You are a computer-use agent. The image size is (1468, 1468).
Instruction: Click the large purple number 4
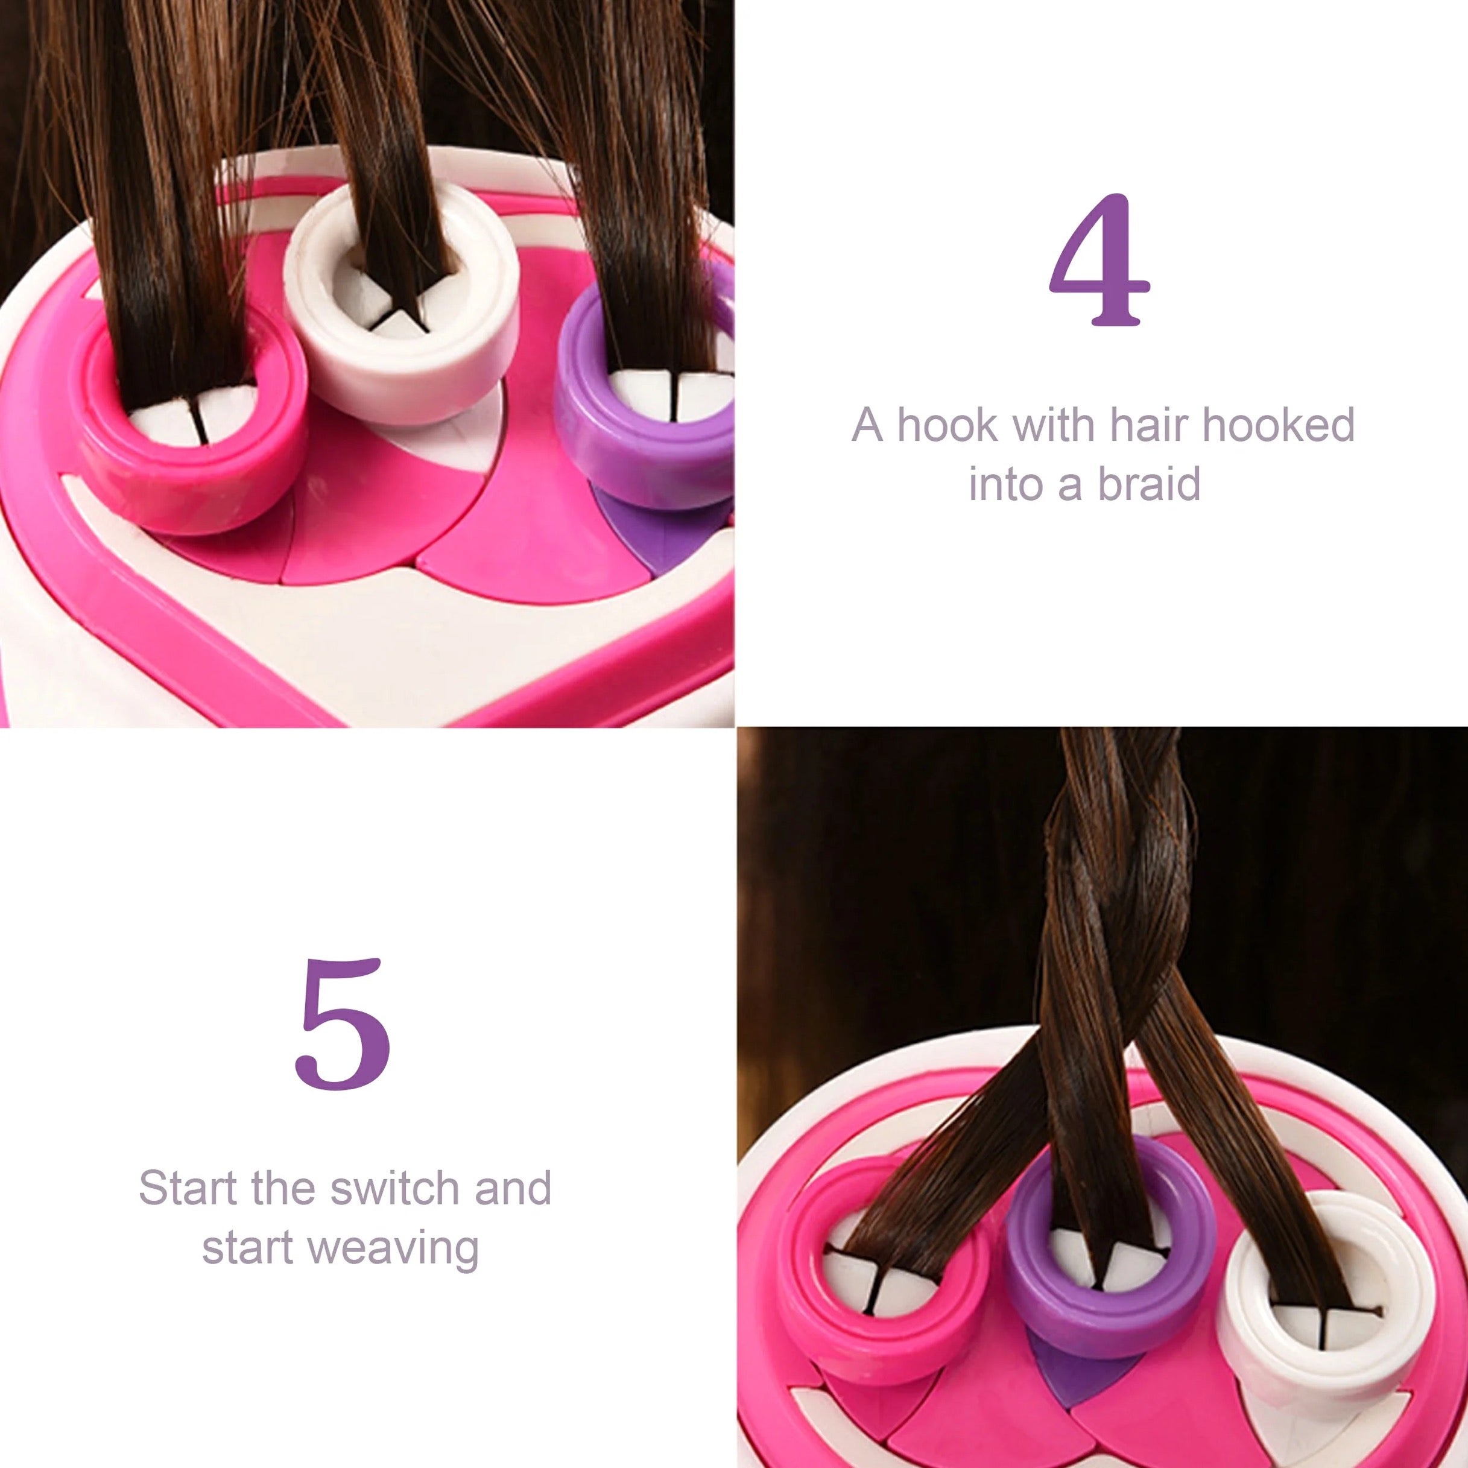(1099, 260)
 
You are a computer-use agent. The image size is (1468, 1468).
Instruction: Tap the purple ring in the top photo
(631, 448)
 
